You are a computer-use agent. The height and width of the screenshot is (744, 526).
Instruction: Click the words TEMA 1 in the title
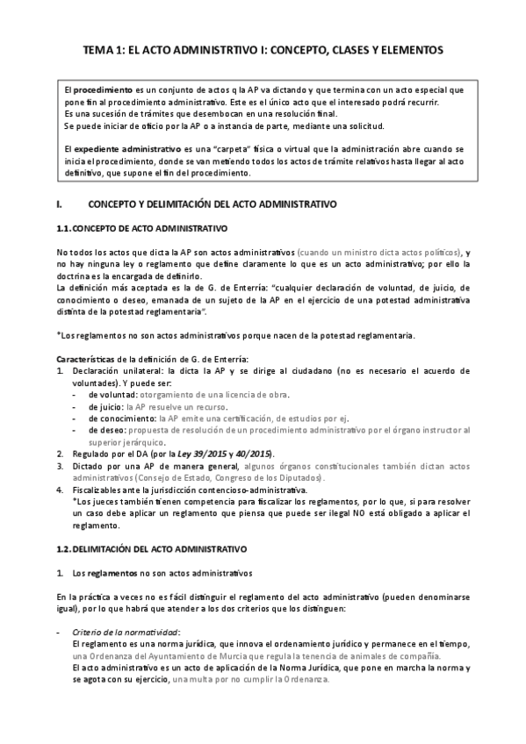click(102, 51)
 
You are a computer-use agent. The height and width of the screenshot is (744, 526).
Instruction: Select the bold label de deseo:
click(105, 431)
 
